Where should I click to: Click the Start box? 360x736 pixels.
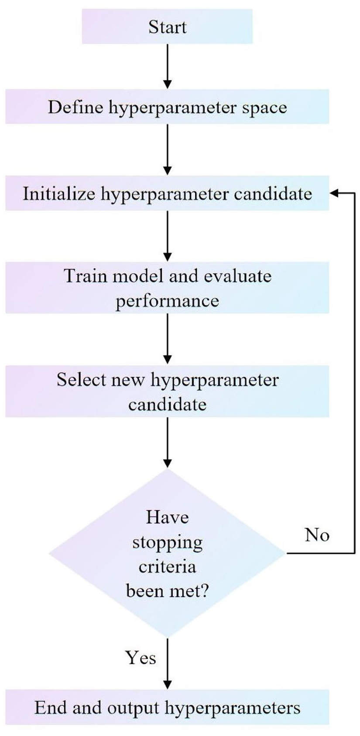tap(167, 27)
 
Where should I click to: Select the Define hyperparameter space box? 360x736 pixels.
tap(167, 107)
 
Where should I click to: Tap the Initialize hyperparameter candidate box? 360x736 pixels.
tap(167, 193)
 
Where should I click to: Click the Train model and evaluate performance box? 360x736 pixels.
tap(167, 288)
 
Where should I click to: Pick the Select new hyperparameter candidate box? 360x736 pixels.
tap(167, 392)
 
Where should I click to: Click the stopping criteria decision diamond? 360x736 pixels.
tap(167, 554)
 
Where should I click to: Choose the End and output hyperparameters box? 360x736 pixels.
tap(167, 708)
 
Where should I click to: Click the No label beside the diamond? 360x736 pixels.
tap(317, 535)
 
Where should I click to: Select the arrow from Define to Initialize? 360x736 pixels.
tap(168, 150)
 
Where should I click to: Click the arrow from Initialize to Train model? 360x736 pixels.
tap(168, 236)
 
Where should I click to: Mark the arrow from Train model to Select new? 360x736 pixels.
tap(168, 340)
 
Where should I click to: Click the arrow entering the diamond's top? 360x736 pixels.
tap(168, 443)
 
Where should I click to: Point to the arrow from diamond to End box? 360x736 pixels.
tap(168, 664)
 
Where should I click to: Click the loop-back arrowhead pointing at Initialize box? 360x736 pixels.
tap(334, 193)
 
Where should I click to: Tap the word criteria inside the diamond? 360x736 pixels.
tap(167, 567)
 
